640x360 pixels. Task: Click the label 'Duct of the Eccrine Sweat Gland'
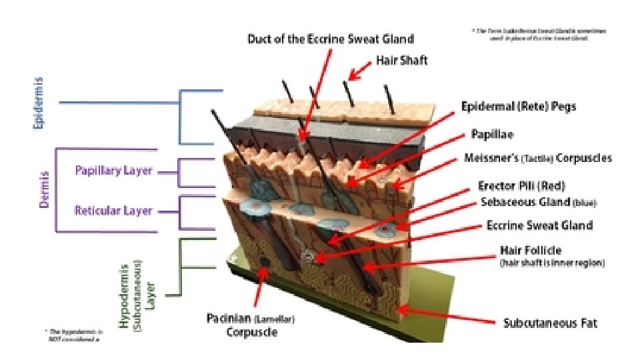[x=331, y=39]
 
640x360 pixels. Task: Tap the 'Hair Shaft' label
[x=401, y=61]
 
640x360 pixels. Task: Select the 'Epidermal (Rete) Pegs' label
[x=519, y=107]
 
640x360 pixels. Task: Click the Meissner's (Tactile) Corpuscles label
[x=537, y=159]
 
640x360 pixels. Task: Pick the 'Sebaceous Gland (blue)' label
[x=538, y=202]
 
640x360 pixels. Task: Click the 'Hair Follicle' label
[x=531, y=251]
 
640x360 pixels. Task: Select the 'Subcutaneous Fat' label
[x=550, y=324]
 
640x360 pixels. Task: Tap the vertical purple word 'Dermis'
[x=44, y=189]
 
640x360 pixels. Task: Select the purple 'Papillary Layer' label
[x=113, y=171]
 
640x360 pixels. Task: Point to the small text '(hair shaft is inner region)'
[x=552, y=264]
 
